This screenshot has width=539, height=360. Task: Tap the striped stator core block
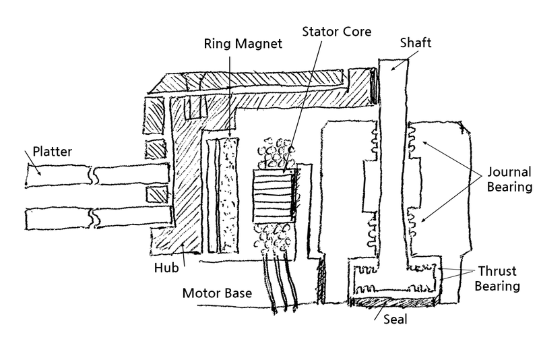click(273, 194)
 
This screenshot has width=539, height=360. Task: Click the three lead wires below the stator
click(280, 283)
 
